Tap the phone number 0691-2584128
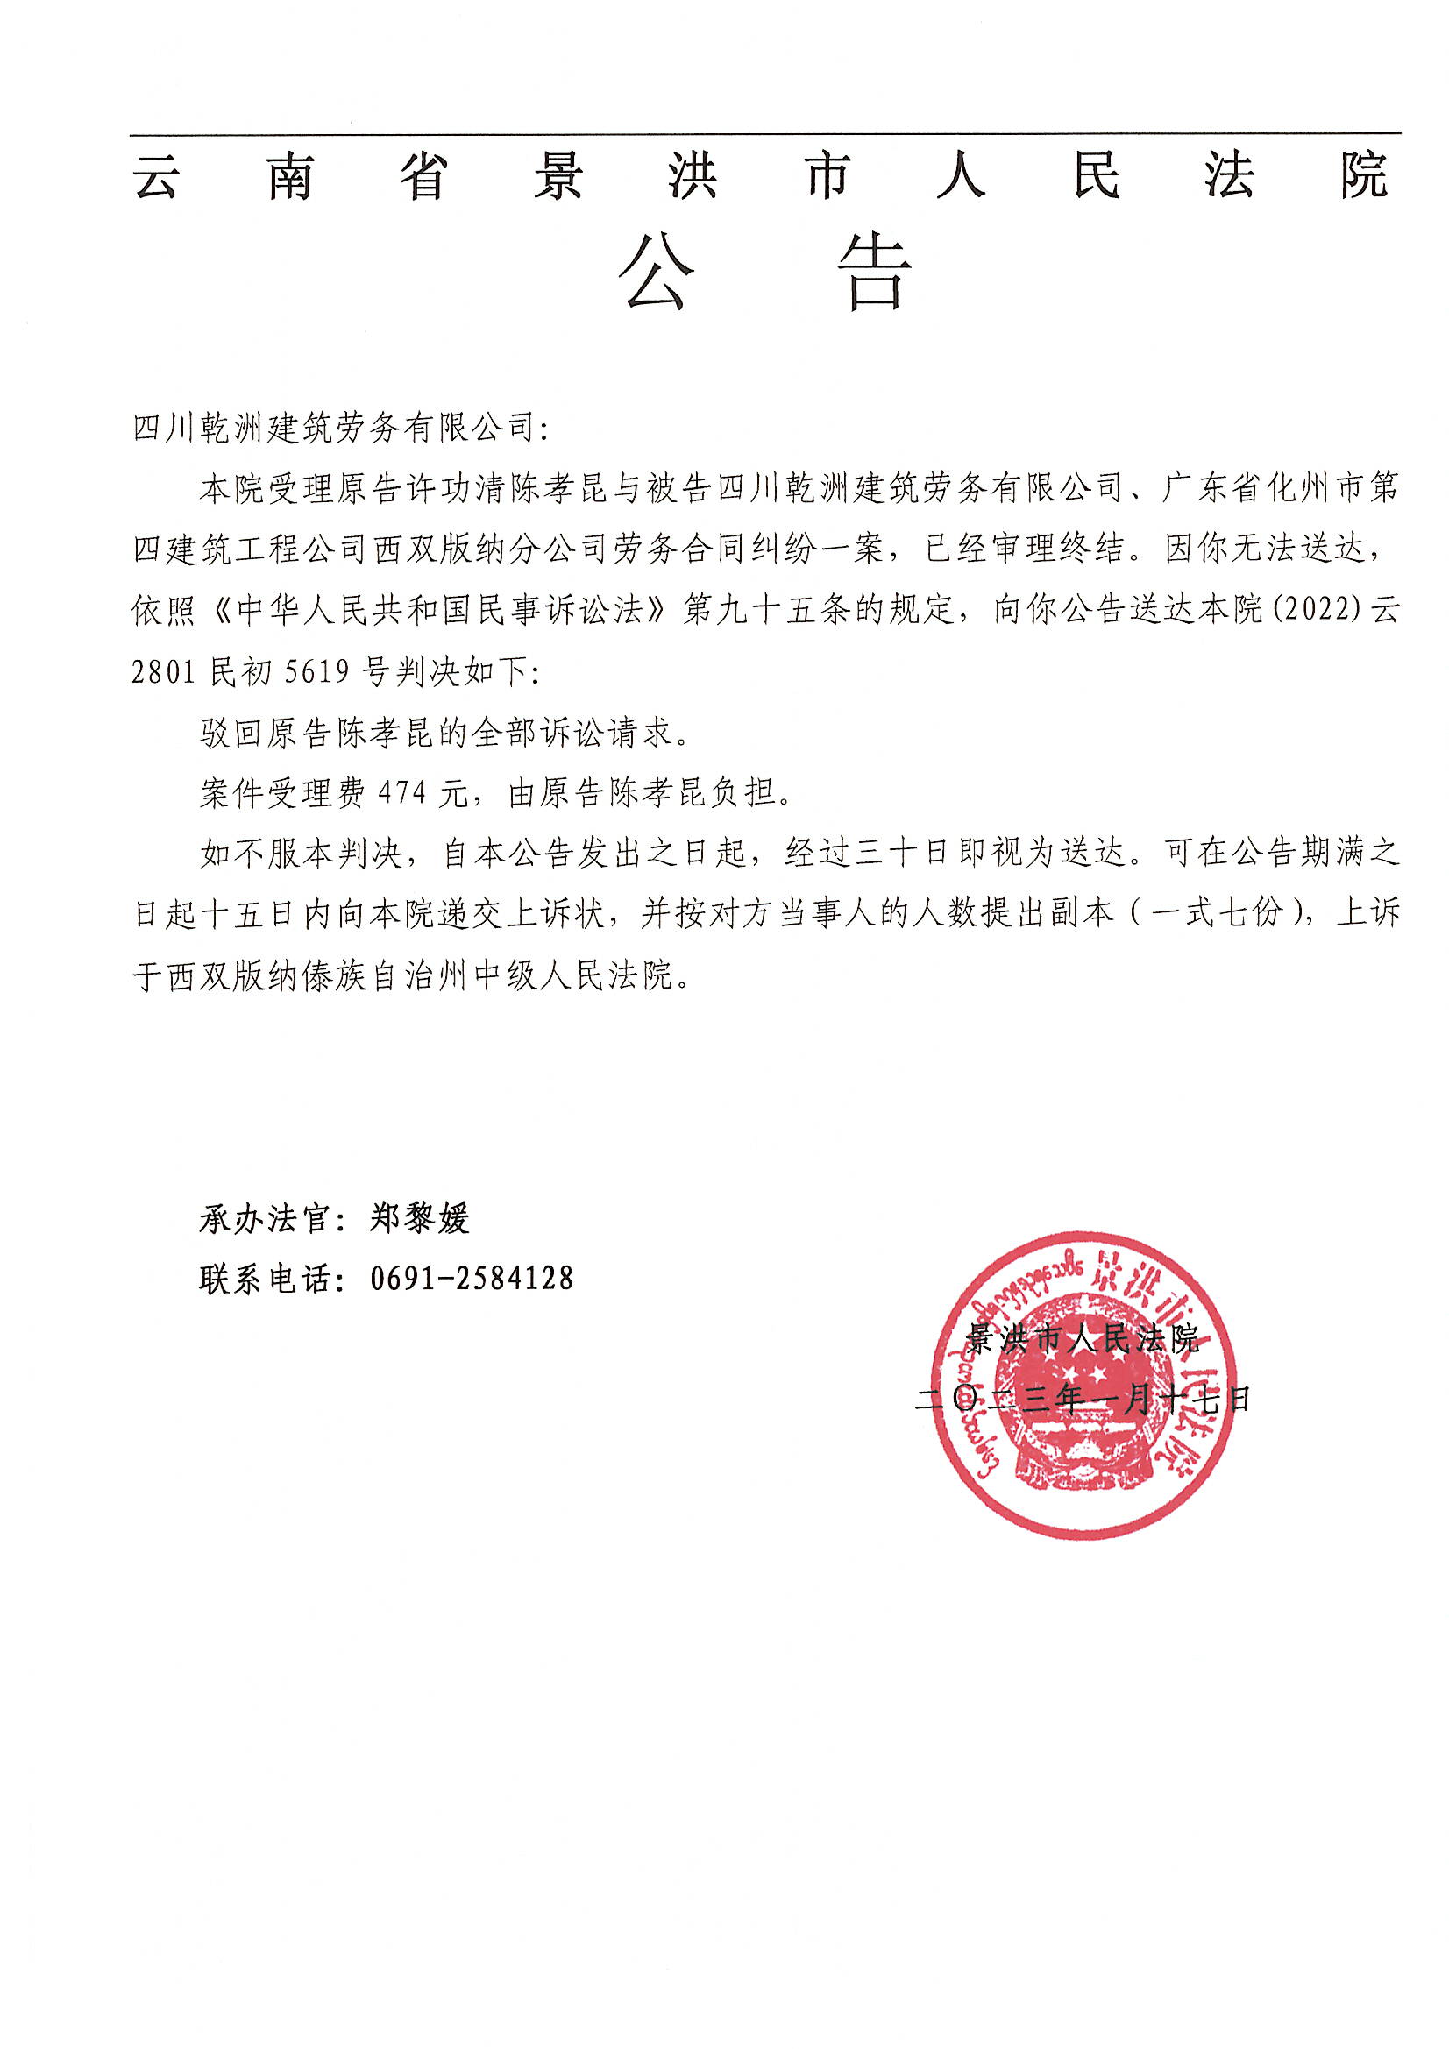point(472,1278)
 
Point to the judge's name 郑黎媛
point(419,1218)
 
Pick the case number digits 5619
point(317,671)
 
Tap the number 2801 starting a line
point(164,671)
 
